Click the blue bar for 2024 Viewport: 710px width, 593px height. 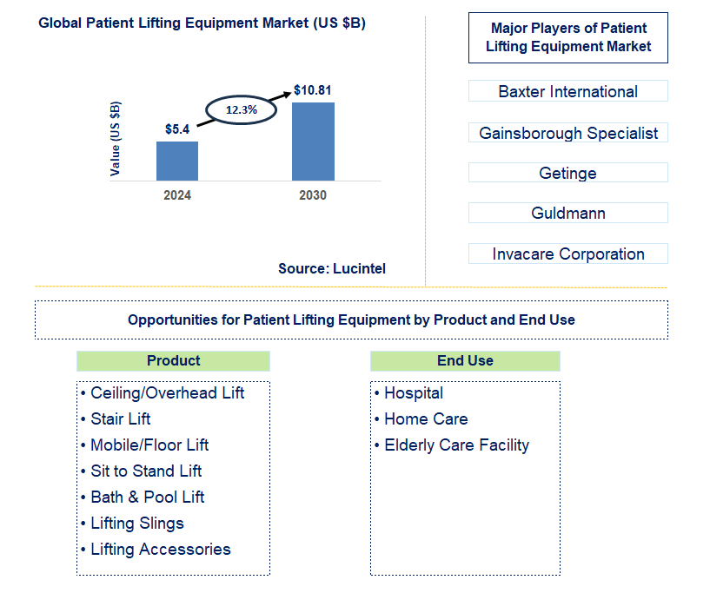pos(177,161)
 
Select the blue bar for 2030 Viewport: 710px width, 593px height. pos(313,142)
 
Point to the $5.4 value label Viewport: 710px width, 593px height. pos(177,129)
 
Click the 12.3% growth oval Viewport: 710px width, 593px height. pos(241,110)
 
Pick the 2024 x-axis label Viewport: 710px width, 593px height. pos(177,195)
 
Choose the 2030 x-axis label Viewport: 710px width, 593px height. pos(313,195)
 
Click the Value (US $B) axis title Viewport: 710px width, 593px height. pos(116,138)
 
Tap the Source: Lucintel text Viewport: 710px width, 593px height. pos(332,269)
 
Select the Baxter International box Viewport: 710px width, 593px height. pos(567,91)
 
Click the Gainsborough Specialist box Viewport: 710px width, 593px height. pos(567,133)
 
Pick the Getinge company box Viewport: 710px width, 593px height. pos(567,173)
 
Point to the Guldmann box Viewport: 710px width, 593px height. pos(567,213)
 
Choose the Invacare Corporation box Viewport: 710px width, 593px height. pos(567,254)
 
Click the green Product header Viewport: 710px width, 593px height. pos(173,361)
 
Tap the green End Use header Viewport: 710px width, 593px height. pos(465,361)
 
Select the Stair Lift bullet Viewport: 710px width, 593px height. pos(121,418)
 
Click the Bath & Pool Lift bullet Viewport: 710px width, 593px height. pos(148,497)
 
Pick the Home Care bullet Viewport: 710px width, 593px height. pos(426,418)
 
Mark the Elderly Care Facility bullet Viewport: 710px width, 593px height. pos(456,445)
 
